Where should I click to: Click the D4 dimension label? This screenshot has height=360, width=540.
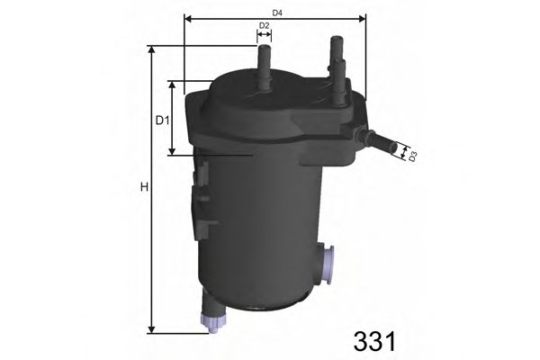[277, 12]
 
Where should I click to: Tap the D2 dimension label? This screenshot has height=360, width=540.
[264, 25]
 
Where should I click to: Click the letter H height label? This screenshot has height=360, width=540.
[142, 188]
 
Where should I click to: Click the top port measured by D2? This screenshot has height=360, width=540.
[265, 67]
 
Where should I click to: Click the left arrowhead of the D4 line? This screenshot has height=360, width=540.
[186, 17]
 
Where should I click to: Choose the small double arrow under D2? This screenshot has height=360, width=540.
[264, 37]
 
